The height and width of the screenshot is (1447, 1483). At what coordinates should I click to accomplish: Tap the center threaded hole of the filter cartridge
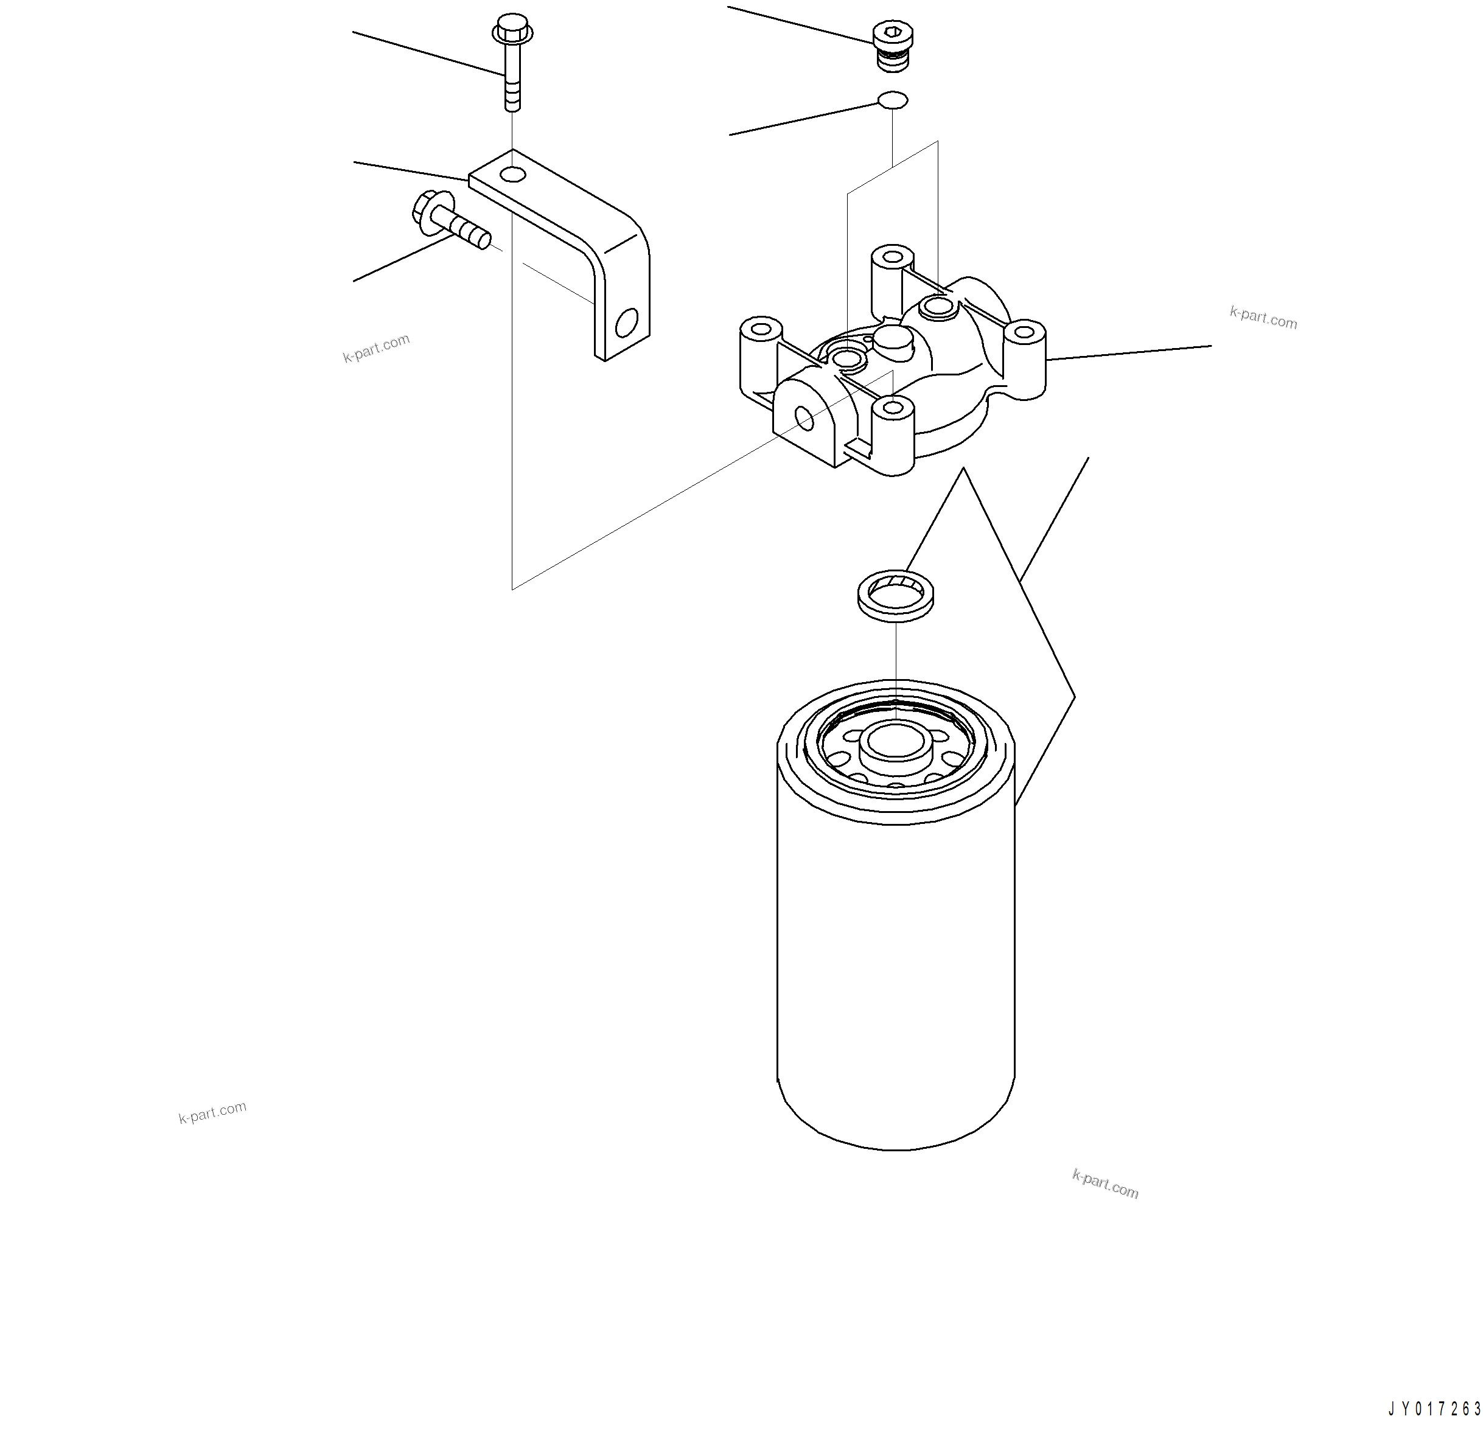pos(895,742)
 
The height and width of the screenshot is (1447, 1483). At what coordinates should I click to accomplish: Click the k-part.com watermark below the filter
pos(1104,1184)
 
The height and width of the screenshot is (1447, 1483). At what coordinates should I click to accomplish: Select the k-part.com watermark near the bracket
pos(376,348)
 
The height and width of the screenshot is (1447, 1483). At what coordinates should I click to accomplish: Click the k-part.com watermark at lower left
pos(213,1112)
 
